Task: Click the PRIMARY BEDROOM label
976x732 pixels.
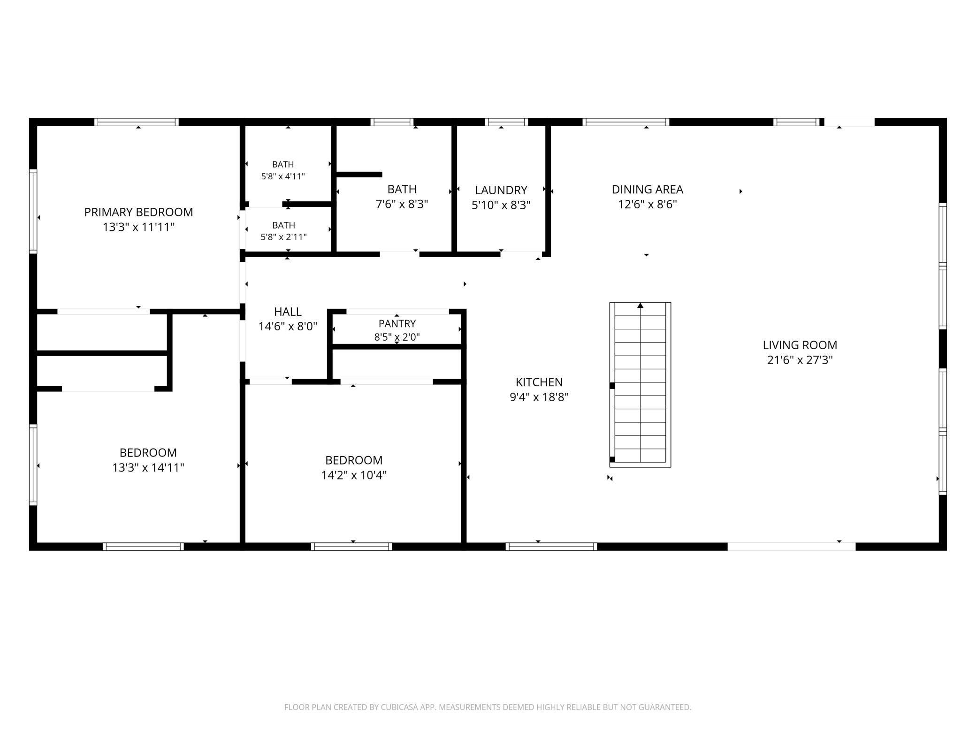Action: coord(138,212)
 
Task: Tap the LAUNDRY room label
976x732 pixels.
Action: coord(501,190)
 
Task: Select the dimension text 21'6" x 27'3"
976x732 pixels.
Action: coord(800,360)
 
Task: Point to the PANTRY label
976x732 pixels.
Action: coord(397,323)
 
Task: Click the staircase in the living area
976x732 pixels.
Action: coord(640,385)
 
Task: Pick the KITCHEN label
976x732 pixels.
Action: coord(539,382)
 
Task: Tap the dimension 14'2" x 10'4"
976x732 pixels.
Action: coord(354,475)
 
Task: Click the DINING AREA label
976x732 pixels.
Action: coord(647,189)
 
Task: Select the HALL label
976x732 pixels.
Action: coord(288,312)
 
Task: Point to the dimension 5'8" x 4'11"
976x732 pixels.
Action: coord(283,176)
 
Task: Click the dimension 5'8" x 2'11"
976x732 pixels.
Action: coord(283,237)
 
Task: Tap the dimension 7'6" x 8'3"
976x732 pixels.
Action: coord(402,204)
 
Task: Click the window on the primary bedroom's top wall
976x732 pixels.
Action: coord(137,122)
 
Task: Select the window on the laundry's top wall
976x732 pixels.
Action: coord(506,122)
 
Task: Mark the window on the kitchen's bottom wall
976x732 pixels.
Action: coord(551,546)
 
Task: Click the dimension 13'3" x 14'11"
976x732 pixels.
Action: coord(148,467)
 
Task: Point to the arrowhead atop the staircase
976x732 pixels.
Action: coord(640,305)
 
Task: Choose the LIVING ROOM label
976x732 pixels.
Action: coord(800,345)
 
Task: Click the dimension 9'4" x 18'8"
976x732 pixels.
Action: coord(539,397)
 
